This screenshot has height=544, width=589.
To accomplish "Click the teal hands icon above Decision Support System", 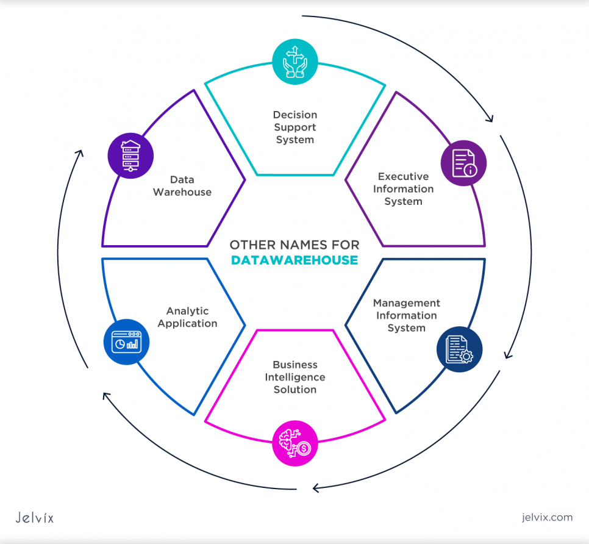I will [x=294, y=62].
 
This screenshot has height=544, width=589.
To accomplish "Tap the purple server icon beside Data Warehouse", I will [x=130, y=156].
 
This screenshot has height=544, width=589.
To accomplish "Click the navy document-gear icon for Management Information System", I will [x=459, y=350].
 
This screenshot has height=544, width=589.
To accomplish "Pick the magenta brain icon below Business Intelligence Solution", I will [x=294, y=443].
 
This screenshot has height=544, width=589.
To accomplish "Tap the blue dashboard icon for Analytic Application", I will [x=126, y=342].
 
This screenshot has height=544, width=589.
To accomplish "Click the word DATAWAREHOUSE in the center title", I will [x=294, y=260].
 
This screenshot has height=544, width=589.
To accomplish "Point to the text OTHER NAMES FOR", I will [x=294, y=245].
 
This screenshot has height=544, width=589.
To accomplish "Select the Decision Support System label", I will [x=295, y=127].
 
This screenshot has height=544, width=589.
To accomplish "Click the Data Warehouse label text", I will [x=182, y=186].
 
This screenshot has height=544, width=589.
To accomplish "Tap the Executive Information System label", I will [x=404, y=189].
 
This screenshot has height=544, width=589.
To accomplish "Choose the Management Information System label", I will [x=407, y=315].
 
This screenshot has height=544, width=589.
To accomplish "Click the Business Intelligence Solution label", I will [x=295, y=377].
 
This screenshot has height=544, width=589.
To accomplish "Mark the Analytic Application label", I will [x=187, y=317].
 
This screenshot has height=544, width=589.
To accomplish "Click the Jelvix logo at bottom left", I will [x=34, y=518].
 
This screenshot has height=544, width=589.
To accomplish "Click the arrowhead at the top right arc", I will [x=489, y=118].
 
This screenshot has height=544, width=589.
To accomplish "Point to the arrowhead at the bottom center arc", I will [x=315, y=487].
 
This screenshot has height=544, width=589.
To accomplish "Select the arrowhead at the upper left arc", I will [x=79, y=154].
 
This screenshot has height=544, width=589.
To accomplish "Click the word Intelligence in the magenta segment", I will [x=295, y=377].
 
